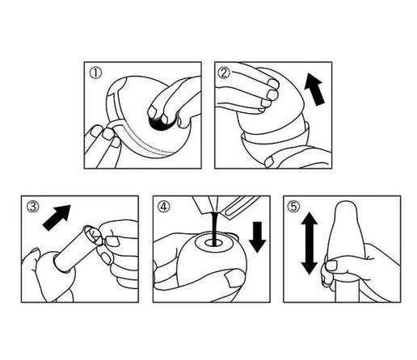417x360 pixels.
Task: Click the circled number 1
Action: pyautogui.click(x=95, y=73)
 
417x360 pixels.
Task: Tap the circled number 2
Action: pyautogui.click(x=224, y=73)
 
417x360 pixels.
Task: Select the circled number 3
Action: pyautogui.click(x=33, y=207)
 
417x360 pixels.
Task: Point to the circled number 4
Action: pyautogui.click(x=164, y=207)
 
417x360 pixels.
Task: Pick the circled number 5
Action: pyautogui.click(x=293, y=207)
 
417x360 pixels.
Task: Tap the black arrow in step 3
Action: pyautogui.click(x=57, y=217)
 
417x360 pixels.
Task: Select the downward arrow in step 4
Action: pyautogui.click(x=257, y=237)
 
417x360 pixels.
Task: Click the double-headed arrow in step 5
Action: pyautogui.click(x=309, y=243)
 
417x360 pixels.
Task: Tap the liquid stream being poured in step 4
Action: pyautogui.click(x=214, y=228)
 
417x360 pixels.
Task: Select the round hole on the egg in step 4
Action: pyautogui.click(x=213, y=244)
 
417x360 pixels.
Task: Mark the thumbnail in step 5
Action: pyautogui.click(x=331, y=266)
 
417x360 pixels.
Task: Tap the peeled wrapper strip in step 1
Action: pyautogui.click(x=115, y=107)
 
